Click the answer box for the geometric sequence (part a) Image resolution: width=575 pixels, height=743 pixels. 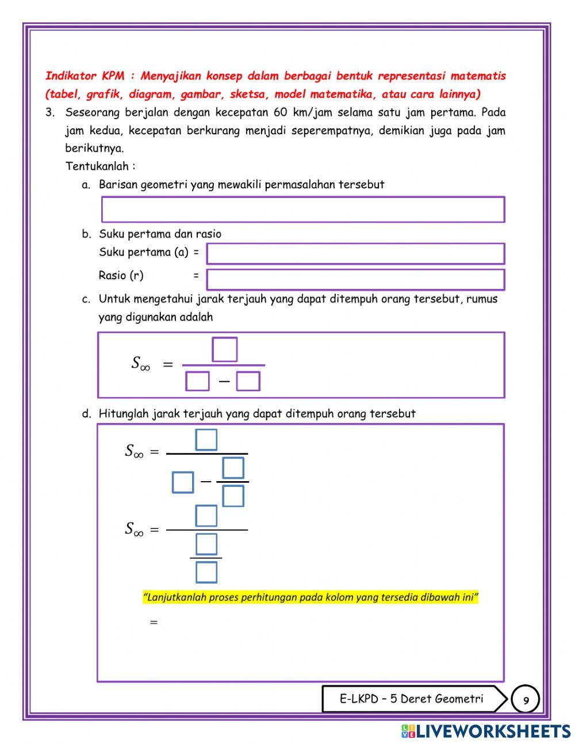(303, 209)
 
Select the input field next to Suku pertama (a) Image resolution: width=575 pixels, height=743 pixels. (355, 254)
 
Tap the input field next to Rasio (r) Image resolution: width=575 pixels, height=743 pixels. (355, 280)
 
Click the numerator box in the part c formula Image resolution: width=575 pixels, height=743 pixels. (224, 349)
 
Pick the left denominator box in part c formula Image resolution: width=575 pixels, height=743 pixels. (197, 381)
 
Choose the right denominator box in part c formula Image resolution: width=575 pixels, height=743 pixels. (248, 381)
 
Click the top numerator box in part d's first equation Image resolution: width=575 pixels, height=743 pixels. (206, 440)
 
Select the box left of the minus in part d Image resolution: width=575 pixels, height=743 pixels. (183, 482)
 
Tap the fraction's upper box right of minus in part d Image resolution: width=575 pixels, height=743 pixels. (233, 468)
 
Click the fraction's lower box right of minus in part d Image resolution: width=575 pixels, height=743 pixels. (233, 496)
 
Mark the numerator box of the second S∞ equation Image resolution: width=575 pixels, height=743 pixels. (206, 516)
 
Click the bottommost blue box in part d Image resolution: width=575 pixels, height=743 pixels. (206, 572)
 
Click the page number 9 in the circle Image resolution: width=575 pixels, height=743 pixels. (526, 700)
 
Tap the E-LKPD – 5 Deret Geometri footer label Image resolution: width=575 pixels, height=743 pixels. (411, 699)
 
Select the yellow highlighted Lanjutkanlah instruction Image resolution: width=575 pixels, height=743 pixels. (310, 597)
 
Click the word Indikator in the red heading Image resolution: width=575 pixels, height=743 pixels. (71, 76)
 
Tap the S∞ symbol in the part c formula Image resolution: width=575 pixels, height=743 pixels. (140, 364)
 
